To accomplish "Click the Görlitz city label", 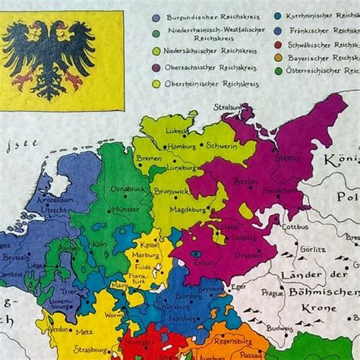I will point(313,247).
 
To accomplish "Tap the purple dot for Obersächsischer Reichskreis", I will point(156,68).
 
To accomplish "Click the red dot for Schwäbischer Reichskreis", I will point(279,44).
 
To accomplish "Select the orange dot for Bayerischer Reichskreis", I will point(279,57).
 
